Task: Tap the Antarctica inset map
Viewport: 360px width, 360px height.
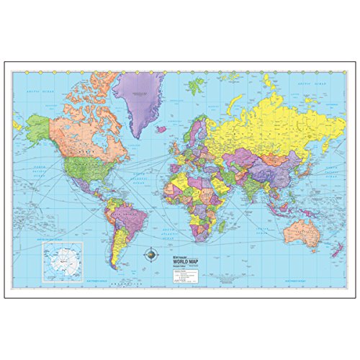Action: (63, 258)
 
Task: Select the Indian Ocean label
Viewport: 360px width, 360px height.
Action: (248, 216)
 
